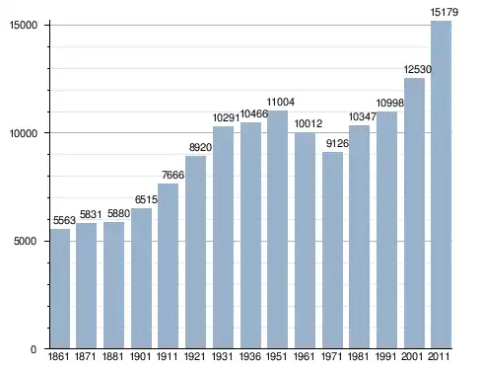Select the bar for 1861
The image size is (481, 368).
60,288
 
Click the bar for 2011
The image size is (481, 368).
441,184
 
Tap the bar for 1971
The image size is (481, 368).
332,250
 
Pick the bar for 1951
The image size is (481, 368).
277,230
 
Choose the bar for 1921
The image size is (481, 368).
195,252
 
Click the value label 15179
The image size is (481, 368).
445,13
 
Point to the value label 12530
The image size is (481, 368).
417,69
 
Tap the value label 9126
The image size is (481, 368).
337,143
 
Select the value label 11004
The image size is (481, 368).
280,102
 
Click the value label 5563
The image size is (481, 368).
64,220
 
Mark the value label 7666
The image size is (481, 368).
172,175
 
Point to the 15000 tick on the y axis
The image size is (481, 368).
23,26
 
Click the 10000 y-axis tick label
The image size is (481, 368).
23,133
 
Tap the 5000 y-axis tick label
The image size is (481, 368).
25,241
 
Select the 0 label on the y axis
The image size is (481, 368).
34,349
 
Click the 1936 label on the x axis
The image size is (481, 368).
250,356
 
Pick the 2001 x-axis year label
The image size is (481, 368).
412,356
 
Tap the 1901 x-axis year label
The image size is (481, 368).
140,356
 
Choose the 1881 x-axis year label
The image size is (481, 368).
112,356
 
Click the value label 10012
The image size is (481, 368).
309,123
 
